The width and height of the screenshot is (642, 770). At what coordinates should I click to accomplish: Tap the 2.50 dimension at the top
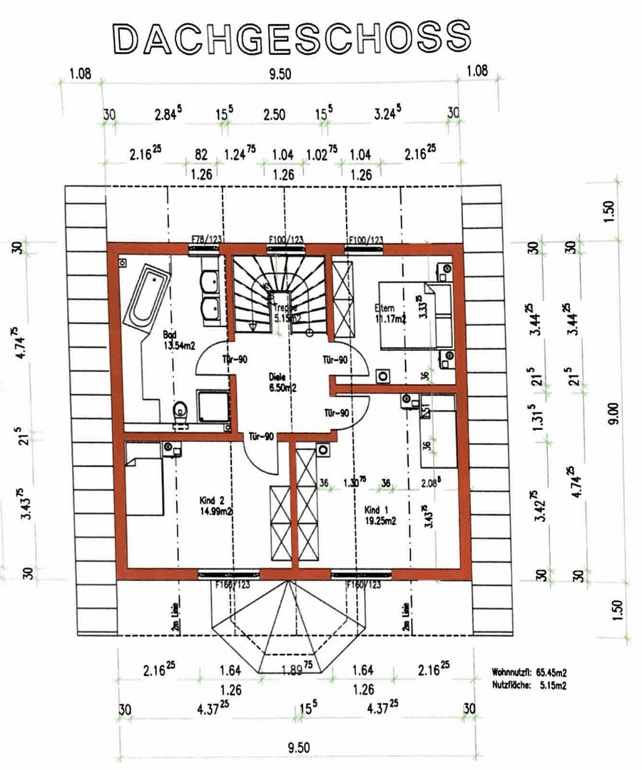point(275,114)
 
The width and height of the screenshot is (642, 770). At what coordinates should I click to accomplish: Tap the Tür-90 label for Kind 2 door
point(261,436)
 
